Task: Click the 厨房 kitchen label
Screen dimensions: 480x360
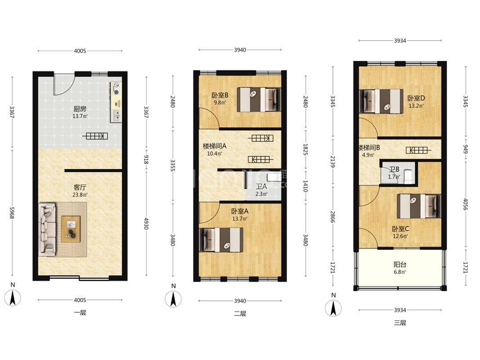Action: point(80,108)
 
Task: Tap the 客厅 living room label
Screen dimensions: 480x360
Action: point(80,187)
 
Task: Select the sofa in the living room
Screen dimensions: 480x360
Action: point(47,229)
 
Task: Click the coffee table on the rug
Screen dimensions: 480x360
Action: point(71,229)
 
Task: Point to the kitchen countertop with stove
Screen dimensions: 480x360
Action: point(116,102)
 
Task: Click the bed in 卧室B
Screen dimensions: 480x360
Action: point(259,99)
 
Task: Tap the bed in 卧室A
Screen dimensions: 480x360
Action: point(221,240)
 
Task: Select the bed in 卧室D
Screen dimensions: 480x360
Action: point(381,101)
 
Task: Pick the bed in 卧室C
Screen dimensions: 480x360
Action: point(419,206)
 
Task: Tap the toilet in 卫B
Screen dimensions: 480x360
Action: point(408,177)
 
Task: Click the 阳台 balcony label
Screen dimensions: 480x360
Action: point(400,264)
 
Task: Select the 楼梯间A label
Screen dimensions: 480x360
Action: point(215,146)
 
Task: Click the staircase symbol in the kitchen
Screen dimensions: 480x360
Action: point(95,136)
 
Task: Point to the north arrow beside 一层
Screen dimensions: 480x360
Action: point(13,297)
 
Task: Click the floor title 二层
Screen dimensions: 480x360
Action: point(240,314)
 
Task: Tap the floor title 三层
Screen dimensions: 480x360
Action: point(400,323)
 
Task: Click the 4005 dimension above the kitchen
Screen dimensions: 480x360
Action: point(80,51)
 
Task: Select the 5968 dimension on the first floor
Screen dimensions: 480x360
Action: point(12,212)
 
